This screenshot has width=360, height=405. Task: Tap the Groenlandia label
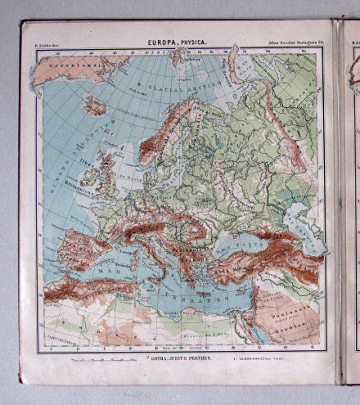[x=70, y=61]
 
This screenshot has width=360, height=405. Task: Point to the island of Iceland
[x=95, y=106]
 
